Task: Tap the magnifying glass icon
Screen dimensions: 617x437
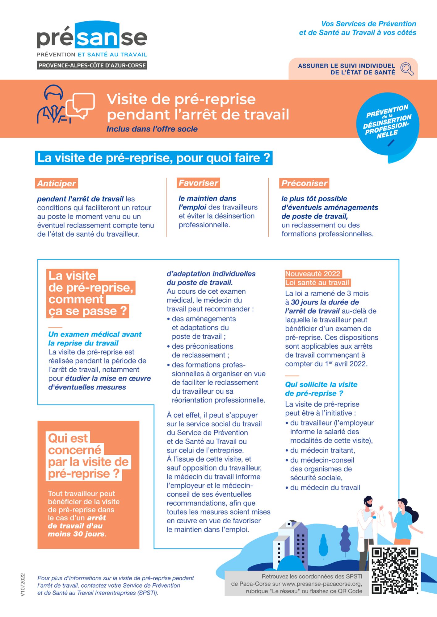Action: [407, 68]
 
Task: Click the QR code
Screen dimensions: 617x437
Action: [394, 571]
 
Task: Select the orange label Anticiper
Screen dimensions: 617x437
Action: [57, 183]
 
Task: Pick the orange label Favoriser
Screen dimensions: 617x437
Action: [198, 183]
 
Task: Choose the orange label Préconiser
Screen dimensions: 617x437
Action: [304, 183]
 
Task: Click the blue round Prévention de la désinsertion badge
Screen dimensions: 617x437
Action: [388, 123]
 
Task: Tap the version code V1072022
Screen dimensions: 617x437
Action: [23, 585]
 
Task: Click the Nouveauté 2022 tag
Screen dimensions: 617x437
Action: [313, 274]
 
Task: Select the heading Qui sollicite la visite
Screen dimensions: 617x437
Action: [321, 384]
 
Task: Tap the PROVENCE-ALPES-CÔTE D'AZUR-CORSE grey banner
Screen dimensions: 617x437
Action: [92, 65]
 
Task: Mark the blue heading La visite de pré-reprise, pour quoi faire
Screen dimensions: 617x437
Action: [153, 158]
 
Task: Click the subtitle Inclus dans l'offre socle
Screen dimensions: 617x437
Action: [152, 129]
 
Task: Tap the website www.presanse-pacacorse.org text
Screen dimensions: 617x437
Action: [321, 584]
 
